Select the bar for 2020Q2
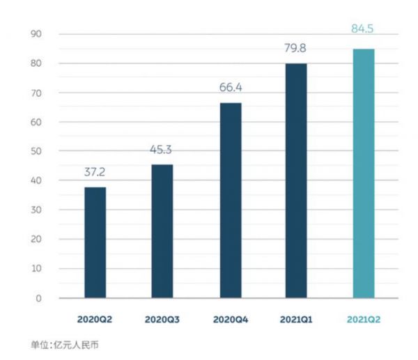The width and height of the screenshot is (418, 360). coord(95,242)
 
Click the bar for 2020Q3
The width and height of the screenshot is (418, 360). coord(162,231)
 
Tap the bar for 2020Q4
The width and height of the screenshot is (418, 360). coord(230,201)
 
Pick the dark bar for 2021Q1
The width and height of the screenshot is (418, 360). coord(296,181)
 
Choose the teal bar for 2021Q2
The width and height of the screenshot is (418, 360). coord(363,173)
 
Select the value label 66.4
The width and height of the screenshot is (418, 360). coord(230,89)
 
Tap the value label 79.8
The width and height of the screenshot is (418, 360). coord(296,49)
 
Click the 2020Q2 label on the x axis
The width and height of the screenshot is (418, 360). coord(95,320)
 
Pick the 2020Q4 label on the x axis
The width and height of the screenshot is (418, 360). coord(230,320)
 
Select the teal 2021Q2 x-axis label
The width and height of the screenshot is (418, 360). coord(363,320)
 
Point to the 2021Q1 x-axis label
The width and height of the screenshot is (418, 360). coord(296,320)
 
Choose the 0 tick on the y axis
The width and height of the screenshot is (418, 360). coord(40,299)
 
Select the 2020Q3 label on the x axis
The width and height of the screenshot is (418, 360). coord(162,320)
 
